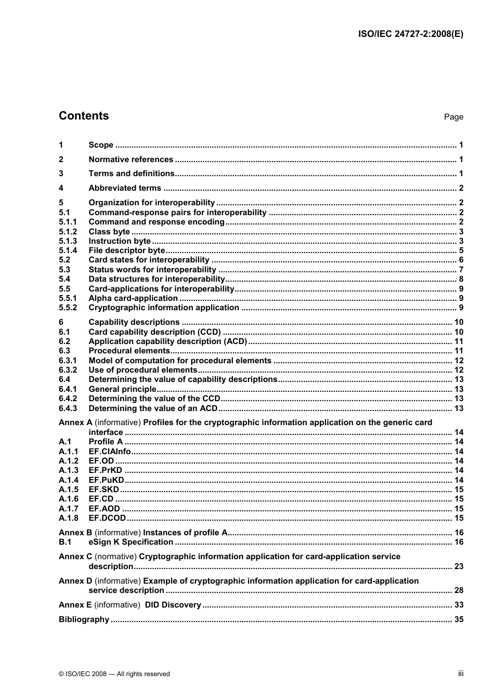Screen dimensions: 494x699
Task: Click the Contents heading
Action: pyautogui.click(x=84, y=116)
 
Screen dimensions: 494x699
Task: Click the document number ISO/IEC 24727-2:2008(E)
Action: pyautogui.click(x=411, y=34)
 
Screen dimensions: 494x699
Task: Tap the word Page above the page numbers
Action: pyautogui.click(x=453, y=117)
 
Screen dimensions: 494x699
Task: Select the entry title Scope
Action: pyautogui.click(x=101, y=145)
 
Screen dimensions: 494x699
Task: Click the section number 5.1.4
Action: pyautogui.click(x=68, y=250)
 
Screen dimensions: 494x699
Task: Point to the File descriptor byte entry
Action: pyautogui.click(x=126, y=250)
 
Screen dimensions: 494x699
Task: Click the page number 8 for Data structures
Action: pyautogui.click(x=461, y=279)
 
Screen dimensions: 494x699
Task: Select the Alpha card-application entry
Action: pyautogui.click(x=133, y=298)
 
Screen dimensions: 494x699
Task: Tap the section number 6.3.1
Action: pyautogui.click(x=68, y=361)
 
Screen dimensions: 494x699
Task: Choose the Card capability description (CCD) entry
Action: pyautogui.click(x=154, y=332)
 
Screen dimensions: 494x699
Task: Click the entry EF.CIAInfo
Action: pyautogui.click(x=110, y=452)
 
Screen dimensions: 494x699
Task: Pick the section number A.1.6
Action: pyautogui.click(x=69, y=499)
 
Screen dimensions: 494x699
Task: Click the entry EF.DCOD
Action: pyautogui.click(x=107, y=518)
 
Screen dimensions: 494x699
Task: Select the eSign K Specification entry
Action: pyautogui.click(x=131, y=542)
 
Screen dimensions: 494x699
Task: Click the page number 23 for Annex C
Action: pyautogui.click(x=458, y=566)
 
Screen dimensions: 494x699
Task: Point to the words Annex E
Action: pyautogui.click(x=75, y=605)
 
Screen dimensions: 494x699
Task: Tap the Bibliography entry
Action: pyautogui.click(x=84, y=619)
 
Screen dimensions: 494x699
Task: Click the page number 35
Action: pyautogui.click(x=458, y=619)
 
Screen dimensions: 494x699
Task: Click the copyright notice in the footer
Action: pyautogui.click(x=114, y=674)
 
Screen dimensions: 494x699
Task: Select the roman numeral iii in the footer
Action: pyautogui.click(x=460, y=674)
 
